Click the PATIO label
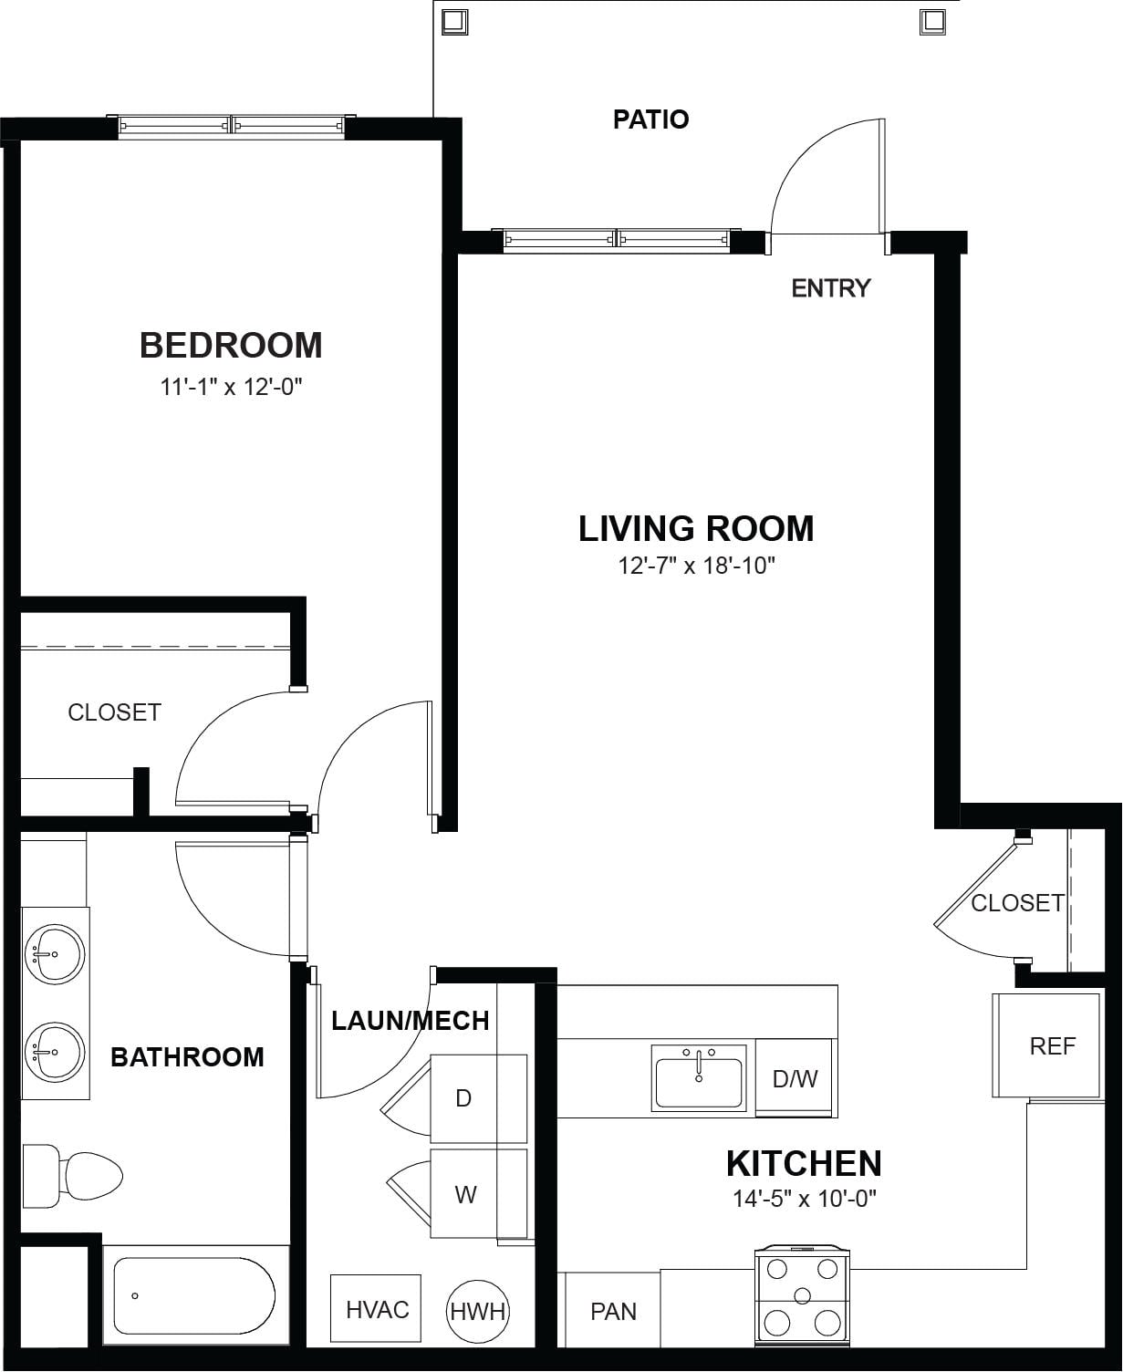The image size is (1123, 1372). click(650, 120)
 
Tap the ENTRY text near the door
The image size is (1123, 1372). click(830, 288)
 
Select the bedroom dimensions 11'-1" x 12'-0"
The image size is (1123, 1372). click(232, 388)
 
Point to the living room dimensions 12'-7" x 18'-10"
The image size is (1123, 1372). click(696, 566)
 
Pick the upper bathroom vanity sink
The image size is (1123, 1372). click(55, 954)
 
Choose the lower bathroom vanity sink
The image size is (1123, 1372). click(55, 1052)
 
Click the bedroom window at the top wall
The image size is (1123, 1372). click(232, 126)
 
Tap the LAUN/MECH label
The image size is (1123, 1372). click(410, 1021)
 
